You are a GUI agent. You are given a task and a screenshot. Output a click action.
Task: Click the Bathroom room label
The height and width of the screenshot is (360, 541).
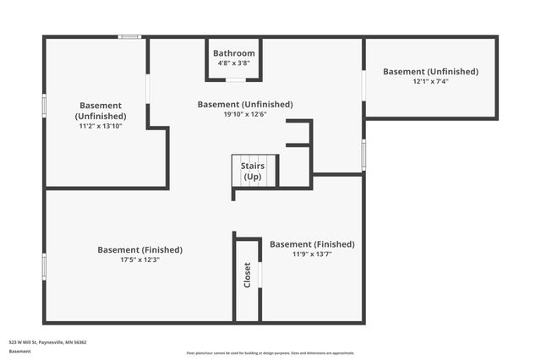(x=233, y=53)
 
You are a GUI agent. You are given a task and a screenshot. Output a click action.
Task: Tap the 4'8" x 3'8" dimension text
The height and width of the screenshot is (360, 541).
(x=233, y=63)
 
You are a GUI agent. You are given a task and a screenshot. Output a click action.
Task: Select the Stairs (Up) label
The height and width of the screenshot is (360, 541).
(x=253, y=172)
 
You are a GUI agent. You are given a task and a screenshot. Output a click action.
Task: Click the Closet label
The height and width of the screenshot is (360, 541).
(x=248, y=275)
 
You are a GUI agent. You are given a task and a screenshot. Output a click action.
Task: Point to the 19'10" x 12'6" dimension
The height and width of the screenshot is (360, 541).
(x=245, y=114)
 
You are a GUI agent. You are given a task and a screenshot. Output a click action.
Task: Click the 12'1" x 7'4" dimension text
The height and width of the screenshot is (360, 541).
(x=430, y=82)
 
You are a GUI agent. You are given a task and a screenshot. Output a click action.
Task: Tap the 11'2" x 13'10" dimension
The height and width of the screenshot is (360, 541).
(x=101, y=126)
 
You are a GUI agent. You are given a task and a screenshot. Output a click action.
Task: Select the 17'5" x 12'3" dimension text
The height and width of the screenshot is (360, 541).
(x=139, y=260)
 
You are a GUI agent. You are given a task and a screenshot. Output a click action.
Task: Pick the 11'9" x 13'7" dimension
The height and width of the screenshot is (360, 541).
(x=312, y=254)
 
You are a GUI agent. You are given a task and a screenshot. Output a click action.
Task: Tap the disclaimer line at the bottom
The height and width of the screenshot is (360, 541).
(x=270, y=353)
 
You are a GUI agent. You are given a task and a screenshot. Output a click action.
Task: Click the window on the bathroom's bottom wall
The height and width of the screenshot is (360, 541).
(x=236, y=80)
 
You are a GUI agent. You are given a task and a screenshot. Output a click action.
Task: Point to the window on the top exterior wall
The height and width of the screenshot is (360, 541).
(x=129, y=36)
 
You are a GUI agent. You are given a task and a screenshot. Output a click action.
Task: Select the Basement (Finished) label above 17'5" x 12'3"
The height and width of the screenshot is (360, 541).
(x=139, y=249)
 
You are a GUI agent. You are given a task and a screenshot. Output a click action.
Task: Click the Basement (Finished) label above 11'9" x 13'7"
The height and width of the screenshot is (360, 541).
(x=312, y=243)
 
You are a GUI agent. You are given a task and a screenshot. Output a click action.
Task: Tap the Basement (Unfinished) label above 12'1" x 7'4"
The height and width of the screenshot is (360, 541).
(x=430, y=72)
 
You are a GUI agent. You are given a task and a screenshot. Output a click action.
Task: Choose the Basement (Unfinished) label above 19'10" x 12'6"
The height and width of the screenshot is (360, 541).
(x=245, y=104)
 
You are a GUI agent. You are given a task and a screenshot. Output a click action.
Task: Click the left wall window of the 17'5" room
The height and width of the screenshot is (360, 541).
(x=44, y=266)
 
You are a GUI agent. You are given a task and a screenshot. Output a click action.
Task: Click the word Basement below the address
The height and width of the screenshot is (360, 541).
(x=19, y=352)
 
